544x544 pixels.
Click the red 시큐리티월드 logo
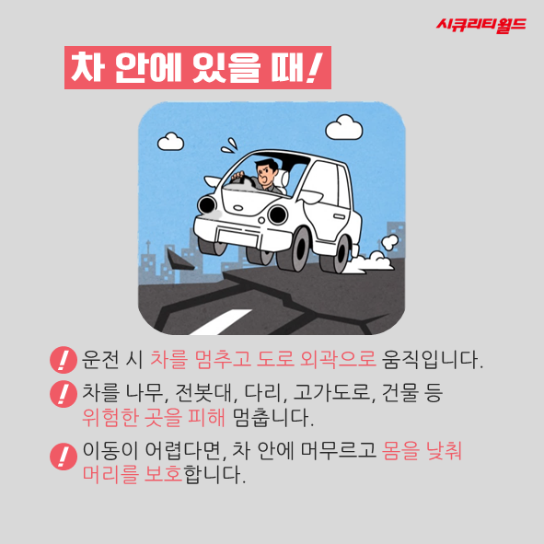(481, 26)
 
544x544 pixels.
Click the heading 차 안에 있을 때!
(197, 67)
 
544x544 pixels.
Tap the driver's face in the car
(266, 172)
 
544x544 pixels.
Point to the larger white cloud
(344, 127)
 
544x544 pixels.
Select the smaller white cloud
(170, 142)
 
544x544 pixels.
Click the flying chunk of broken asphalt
(179, 260)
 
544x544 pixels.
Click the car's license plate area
(238, 237)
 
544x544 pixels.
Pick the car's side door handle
(339, 216)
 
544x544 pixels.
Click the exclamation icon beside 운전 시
(64, 360)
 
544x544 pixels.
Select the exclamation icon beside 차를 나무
(64, 394)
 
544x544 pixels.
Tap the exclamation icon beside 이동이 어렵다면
(64, 457)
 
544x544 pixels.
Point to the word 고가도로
(334, 393)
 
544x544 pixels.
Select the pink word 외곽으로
(338, 359)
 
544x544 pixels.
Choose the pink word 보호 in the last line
(163, 473)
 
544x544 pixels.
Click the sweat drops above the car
(230, 145)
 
